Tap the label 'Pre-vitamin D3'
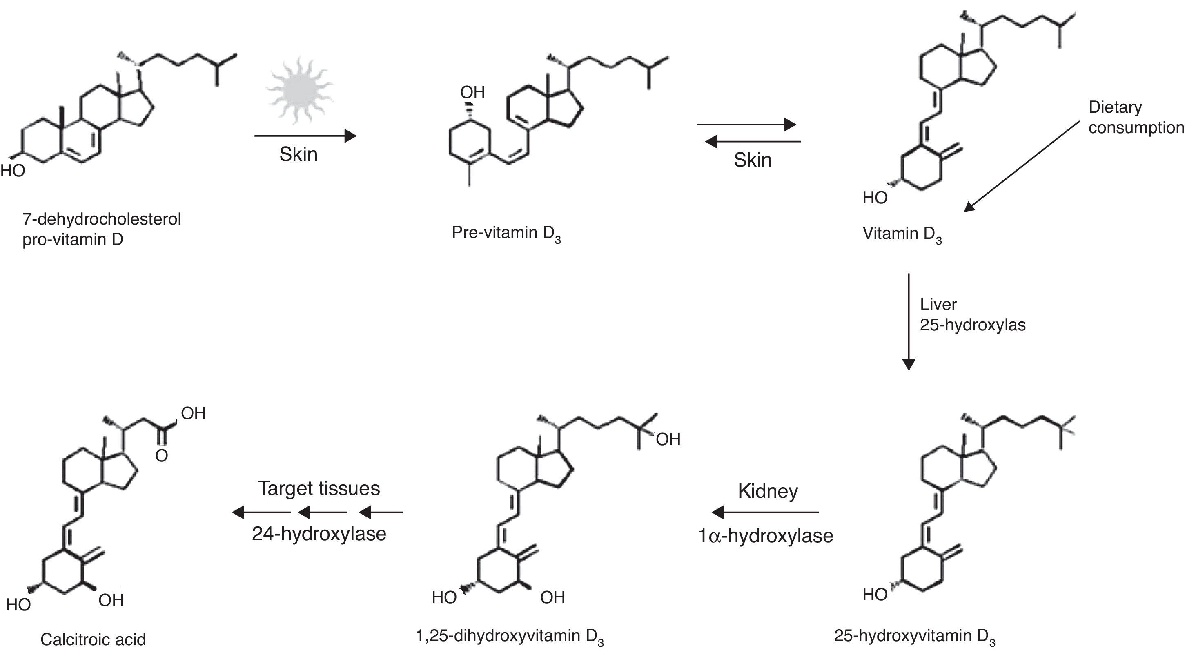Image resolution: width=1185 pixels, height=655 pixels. click(x=506, y=233)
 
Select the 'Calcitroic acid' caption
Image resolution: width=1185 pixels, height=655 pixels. click(x=93, y=639)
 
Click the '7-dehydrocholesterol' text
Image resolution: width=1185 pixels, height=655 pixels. click(x=102, y=219)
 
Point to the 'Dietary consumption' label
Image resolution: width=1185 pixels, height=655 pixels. click(x=1135, y=117)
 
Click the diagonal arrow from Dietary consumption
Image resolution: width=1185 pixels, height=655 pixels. click(x=1021, y=166)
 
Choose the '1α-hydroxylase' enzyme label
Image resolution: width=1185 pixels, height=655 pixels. click(x=766, y=536)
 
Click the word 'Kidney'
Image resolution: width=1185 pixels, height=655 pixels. click(x=768, y=491)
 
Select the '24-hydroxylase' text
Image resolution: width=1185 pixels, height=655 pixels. click(x=319, y=534)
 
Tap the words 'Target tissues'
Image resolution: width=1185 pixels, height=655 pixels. click(x=319, y=488)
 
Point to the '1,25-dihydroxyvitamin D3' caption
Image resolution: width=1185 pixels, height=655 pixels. click(x=509, y=637)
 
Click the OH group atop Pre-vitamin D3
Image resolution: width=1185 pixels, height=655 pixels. click(x=472, y=92)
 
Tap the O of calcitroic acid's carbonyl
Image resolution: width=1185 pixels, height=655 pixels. click(x=161, y=456)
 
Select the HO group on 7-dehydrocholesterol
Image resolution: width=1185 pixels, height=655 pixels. click(x=12, y=171)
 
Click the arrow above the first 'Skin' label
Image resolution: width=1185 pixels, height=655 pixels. click(x=305, y=136)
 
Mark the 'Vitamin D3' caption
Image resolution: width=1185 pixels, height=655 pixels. click(x=902, y=234)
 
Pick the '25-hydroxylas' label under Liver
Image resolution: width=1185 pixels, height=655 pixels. click(x=973, y=325)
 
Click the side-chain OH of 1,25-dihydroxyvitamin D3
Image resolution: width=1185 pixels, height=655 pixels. click(x=668, y=440)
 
